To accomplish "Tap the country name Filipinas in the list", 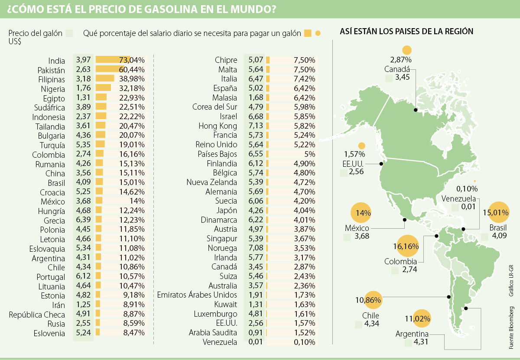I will [51, 80].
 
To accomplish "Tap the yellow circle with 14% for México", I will [363, 213].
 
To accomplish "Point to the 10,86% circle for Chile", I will [368, 300].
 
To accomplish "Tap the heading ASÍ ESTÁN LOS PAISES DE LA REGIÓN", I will [406, 32].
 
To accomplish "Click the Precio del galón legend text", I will [34, 33].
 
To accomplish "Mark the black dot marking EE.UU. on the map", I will [381, 164].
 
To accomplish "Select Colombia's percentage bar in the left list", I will [100, 154].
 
